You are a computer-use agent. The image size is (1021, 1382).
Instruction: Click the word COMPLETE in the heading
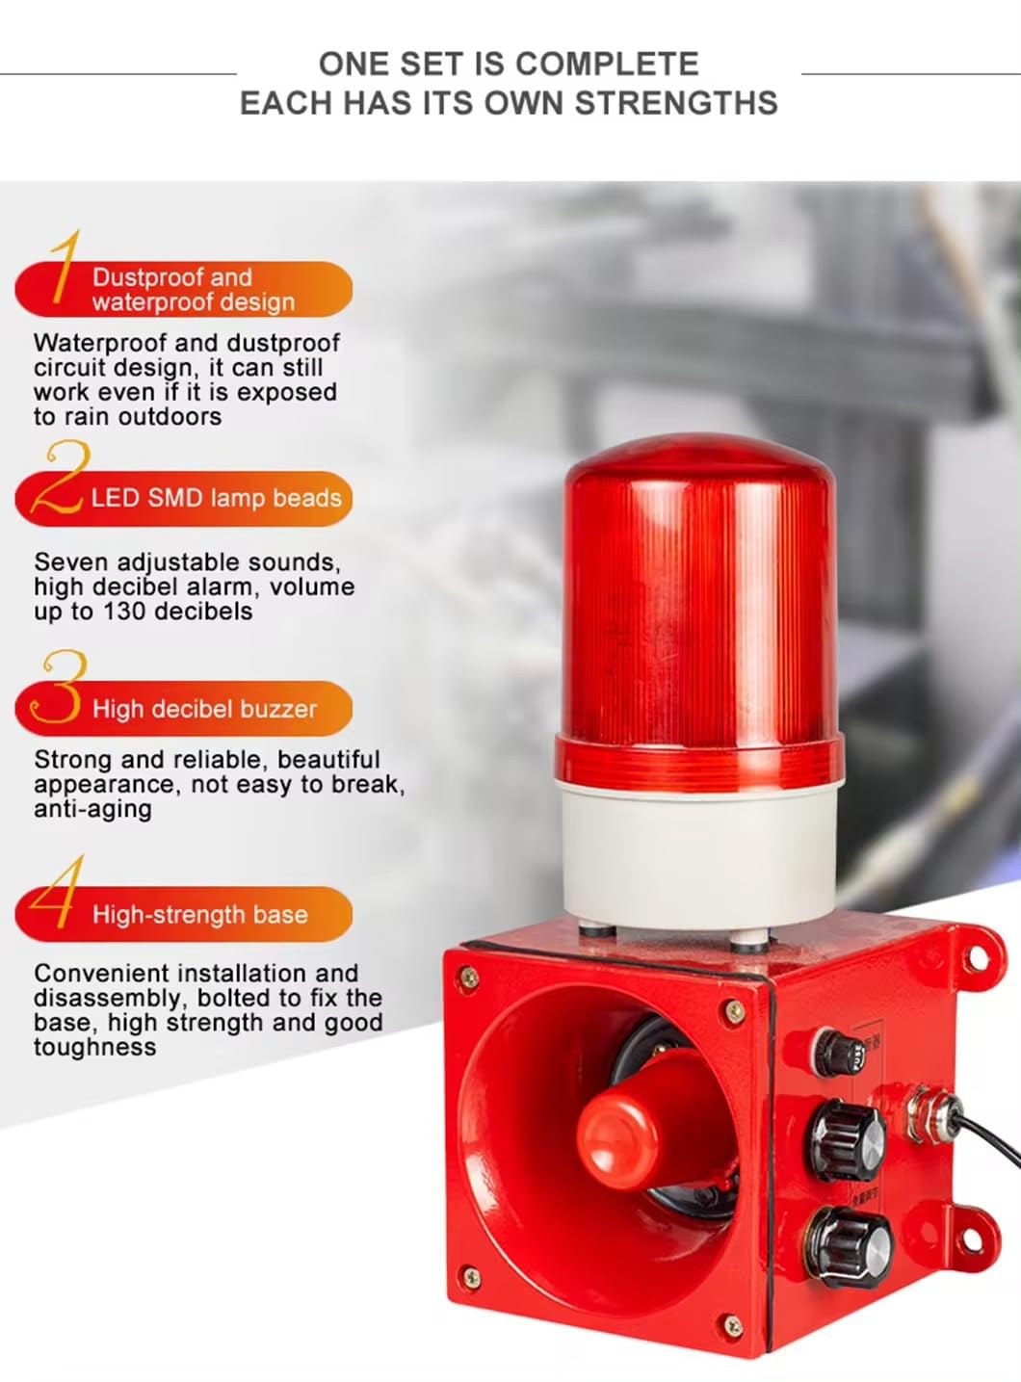607,64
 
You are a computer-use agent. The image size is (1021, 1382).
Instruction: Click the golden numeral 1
65,268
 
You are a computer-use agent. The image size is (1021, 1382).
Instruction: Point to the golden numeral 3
59,686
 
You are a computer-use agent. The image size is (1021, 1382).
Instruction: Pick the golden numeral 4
58,892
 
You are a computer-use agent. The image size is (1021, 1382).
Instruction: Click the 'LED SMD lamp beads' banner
184,499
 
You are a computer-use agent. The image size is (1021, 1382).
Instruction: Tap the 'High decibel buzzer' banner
184,709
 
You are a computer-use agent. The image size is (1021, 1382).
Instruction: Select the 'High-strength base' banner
184,914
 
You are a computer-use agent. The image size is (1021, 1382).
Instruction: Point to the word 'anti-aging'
92,809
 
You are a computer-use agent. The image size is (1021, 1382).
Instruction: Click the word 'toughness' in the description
95,1047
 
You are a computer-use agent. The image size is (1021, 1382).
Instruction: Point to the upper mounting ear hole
979,958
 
